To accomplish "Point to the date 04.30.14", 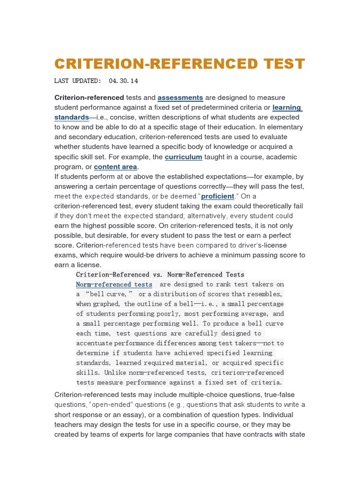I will pos(123,81).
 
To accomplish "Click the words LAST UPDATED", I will pos(77,81).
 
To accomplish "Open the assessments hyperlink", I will pos(180,97).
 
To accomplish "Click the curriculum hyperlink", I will pos(184,157).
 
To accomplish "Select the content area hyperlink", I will pos(116,167).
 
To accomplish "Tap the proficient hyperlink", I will pos(217,196).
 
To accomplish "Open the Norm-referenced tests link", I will pos(114,285).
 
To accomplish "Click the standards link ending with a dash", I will pos(72,117).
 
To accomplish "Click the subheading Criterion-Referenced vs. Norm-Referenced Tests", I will pos(160,275).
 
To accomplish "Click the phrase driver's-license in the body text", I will pos(262,246).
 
